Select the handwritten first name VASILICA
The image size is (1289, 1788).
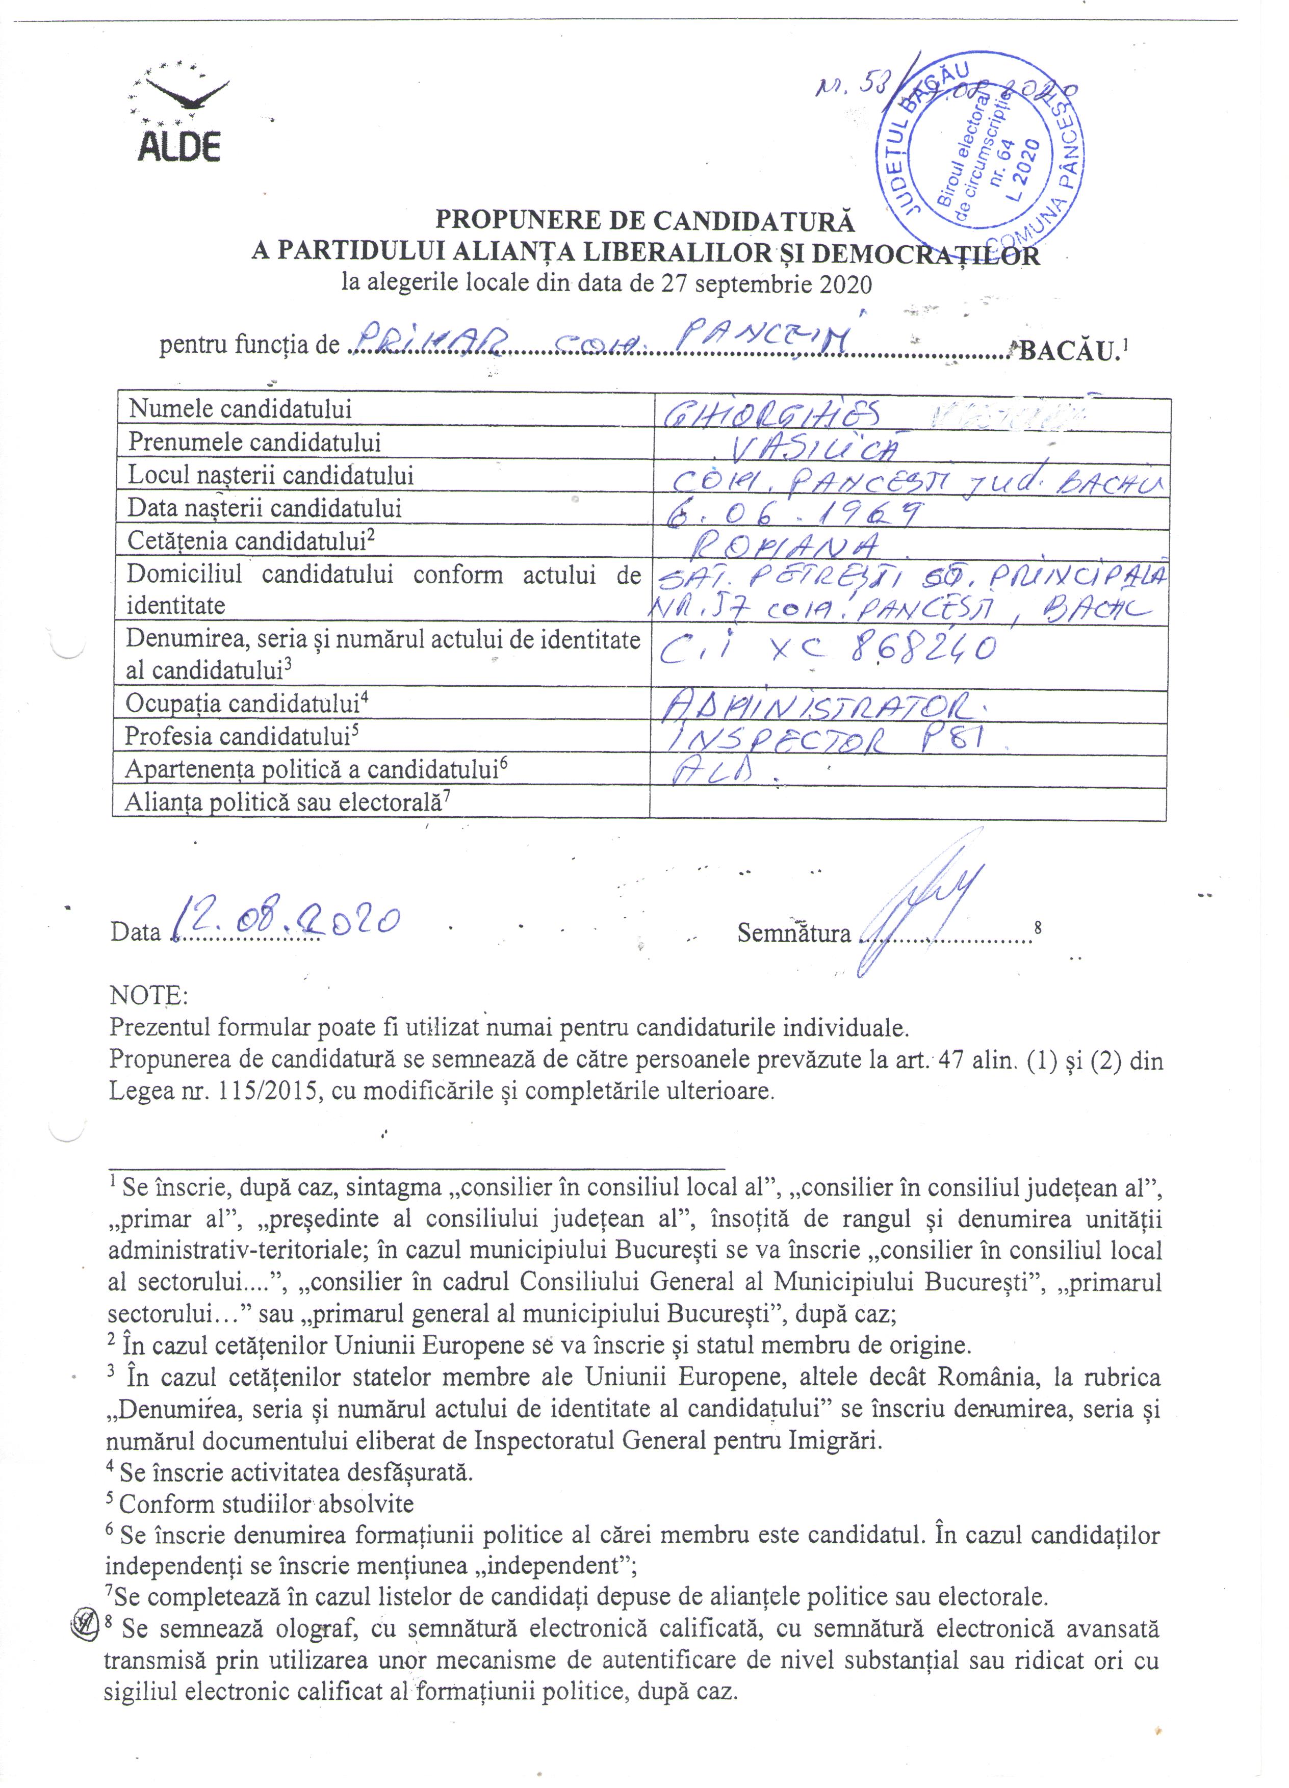point(812,448)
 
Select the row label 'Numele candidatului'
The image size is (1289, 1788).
point(240,408)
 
